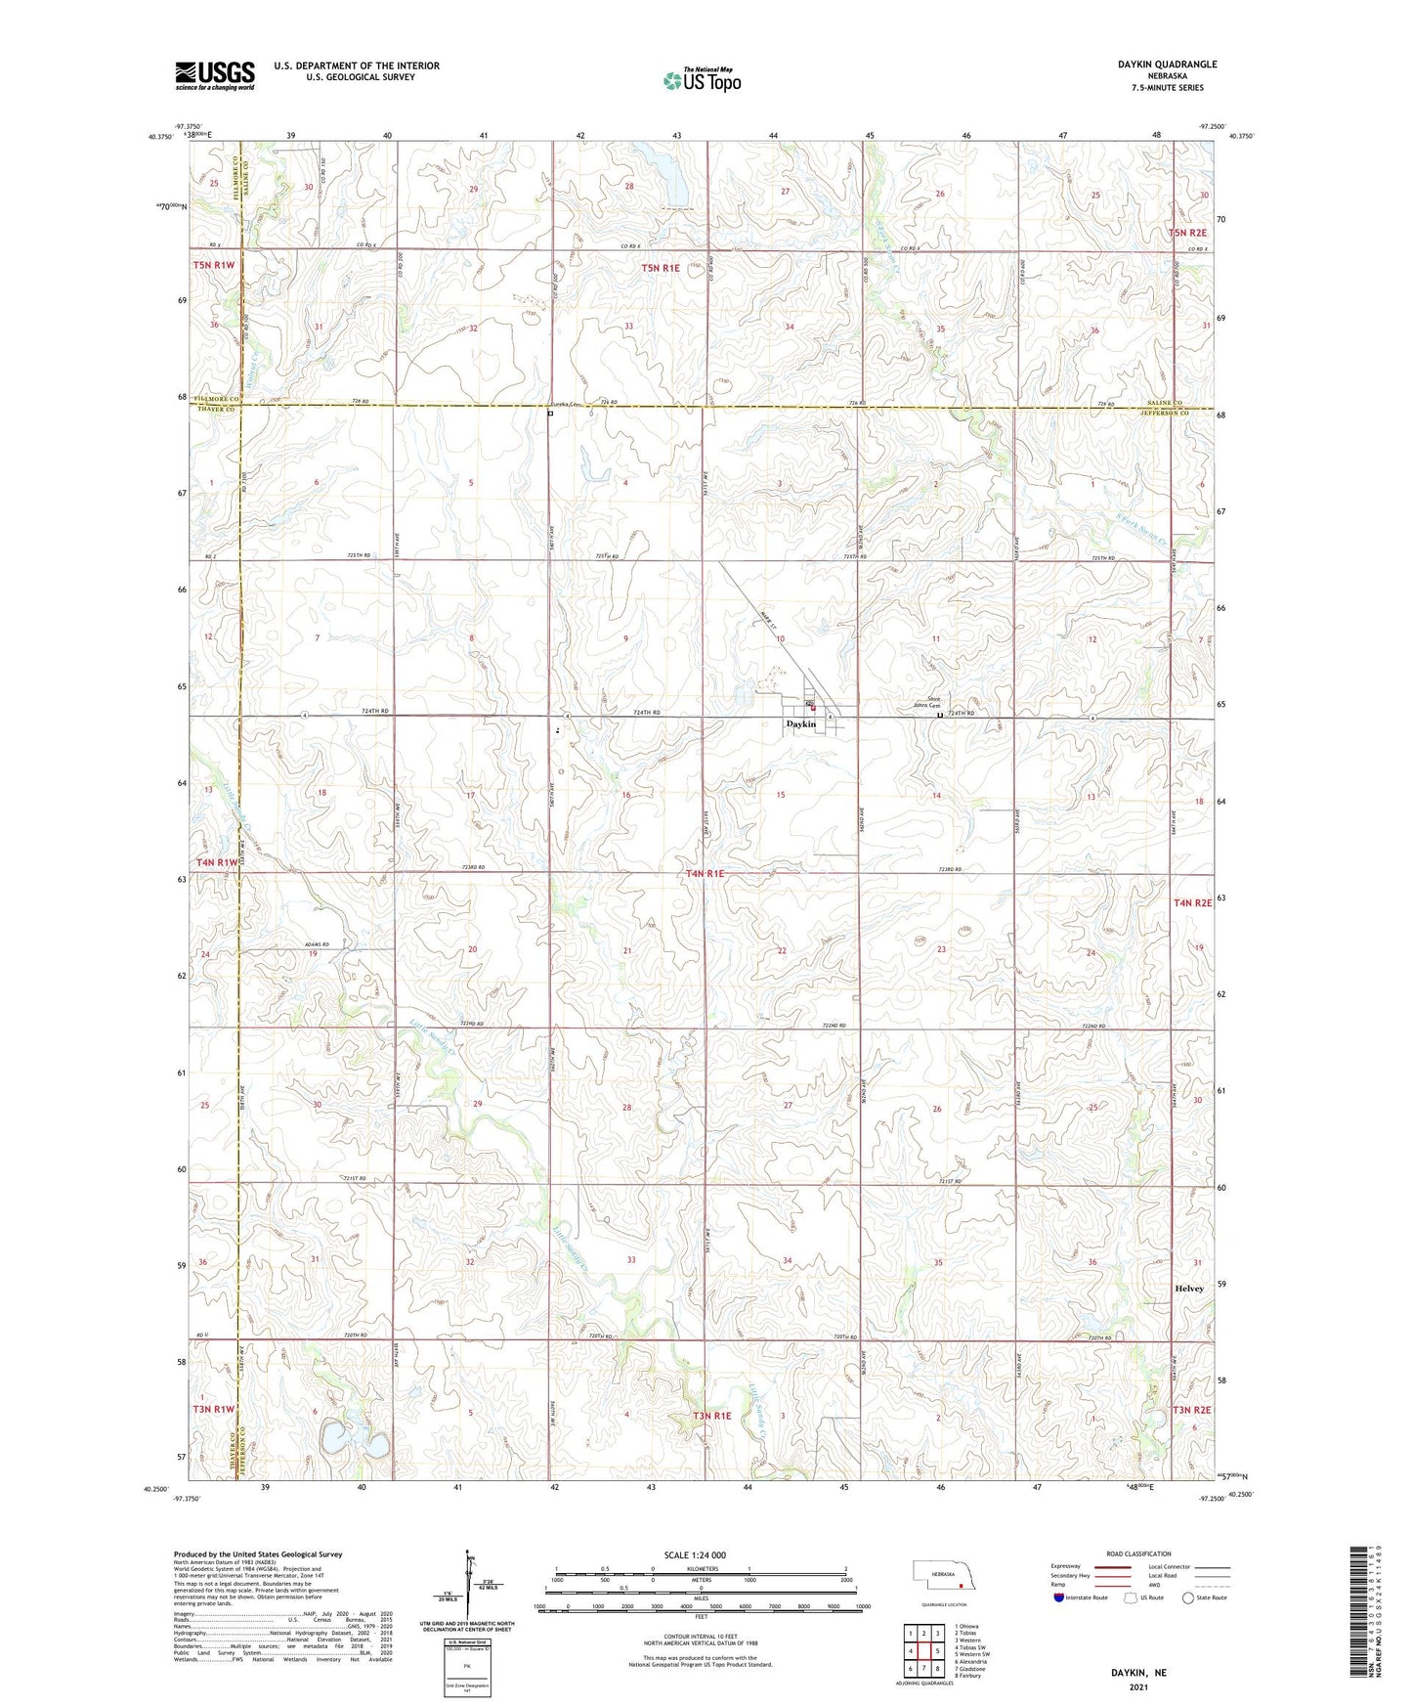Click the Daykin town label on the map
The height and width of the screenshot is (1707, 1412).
click(800, 724)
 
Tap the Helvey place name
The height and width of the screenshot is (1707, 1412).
click(1188, 1289)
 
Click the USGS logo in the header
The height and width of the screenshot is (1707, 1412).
click(215, 75)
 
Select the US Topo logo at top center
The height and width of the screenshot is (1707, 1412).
click(701, 80)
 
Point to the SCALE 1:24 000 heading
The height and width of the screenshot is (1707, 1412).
click(695, 1555)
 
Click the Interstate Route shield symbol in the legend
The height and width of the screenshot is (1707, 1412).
click(1059, 1598)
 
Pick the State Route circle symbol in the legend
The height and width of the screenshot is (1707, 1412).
click(1188, 1598)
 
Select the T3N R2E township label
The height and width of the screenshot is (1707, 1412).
click(1191, 1410)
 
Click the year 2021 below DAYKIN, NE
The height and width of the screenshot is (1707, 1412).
click(1138, 1687)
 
